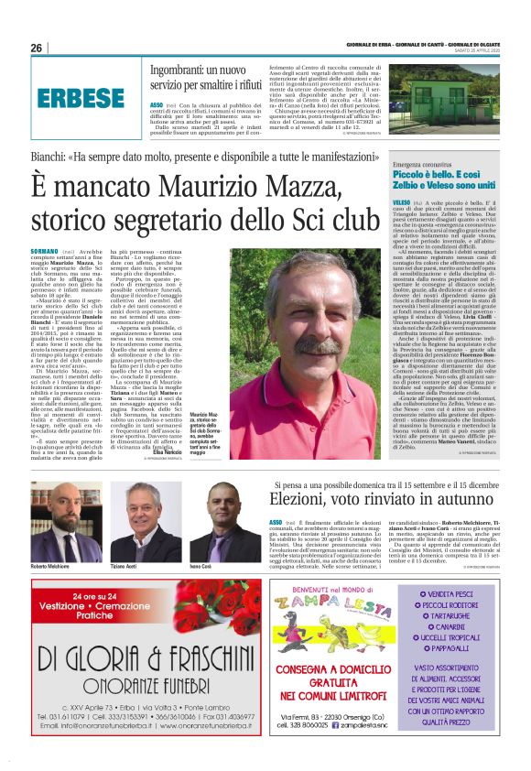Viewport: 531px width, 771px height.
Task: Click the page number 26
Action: click(38, 48)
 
